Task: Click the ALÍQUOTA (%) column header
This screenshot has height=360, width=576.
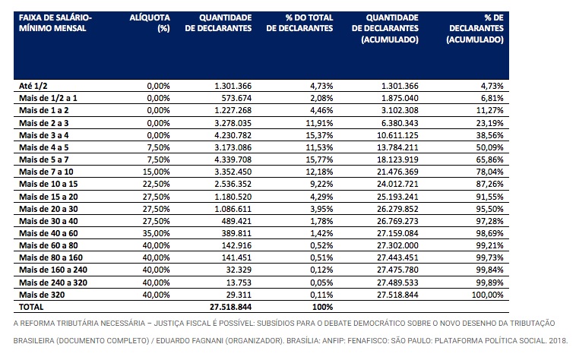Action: (x=150, y=23)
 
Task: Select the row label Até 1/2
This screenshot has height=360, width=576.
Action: (x=33, y=86)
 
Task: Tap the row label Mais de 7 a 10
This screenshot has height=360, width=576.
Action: (x=46, y=172)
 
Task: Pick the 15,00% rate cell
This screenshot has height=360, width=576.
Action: (x=156, y=172)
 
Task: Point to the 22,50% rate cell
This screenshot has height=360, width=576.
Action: (x=156, y=184)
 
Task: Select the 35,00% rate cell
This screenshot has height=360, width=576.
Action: (x=156, y=233)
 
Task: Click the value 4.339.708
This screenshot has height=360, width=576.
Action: (x=233, y=159)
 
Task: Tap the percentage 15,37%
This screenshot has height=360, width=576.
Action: (x=319, y=135)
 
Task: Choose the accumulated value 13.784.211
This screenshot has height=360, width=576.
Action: (x=397, y=147)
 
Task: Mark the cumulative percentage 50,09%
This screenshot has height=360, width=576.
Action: (x=489, y=147)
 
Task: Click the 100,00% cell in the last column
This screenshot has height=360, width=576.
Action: (x=487, y=295)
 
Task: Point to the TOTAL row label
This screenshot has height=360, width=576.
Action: (x=31, y=307)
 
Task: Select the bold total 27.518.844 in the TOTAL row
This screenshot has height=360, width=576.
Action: (x=231, y=307)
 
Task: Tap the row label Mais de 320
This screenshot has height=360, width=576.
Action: (x=42, y=295)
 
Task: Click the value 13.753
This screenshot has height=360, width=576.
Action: (x=239, y=283)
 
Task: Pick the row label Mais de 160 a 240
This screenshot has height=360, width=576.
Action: (x=53, y=270)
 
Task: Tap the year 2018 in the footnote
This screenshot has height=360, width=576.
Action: (x=558, y=340)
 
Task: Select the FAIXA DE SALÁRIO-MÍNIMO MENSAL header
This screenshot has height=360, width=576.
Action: (x=55, y=23)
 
